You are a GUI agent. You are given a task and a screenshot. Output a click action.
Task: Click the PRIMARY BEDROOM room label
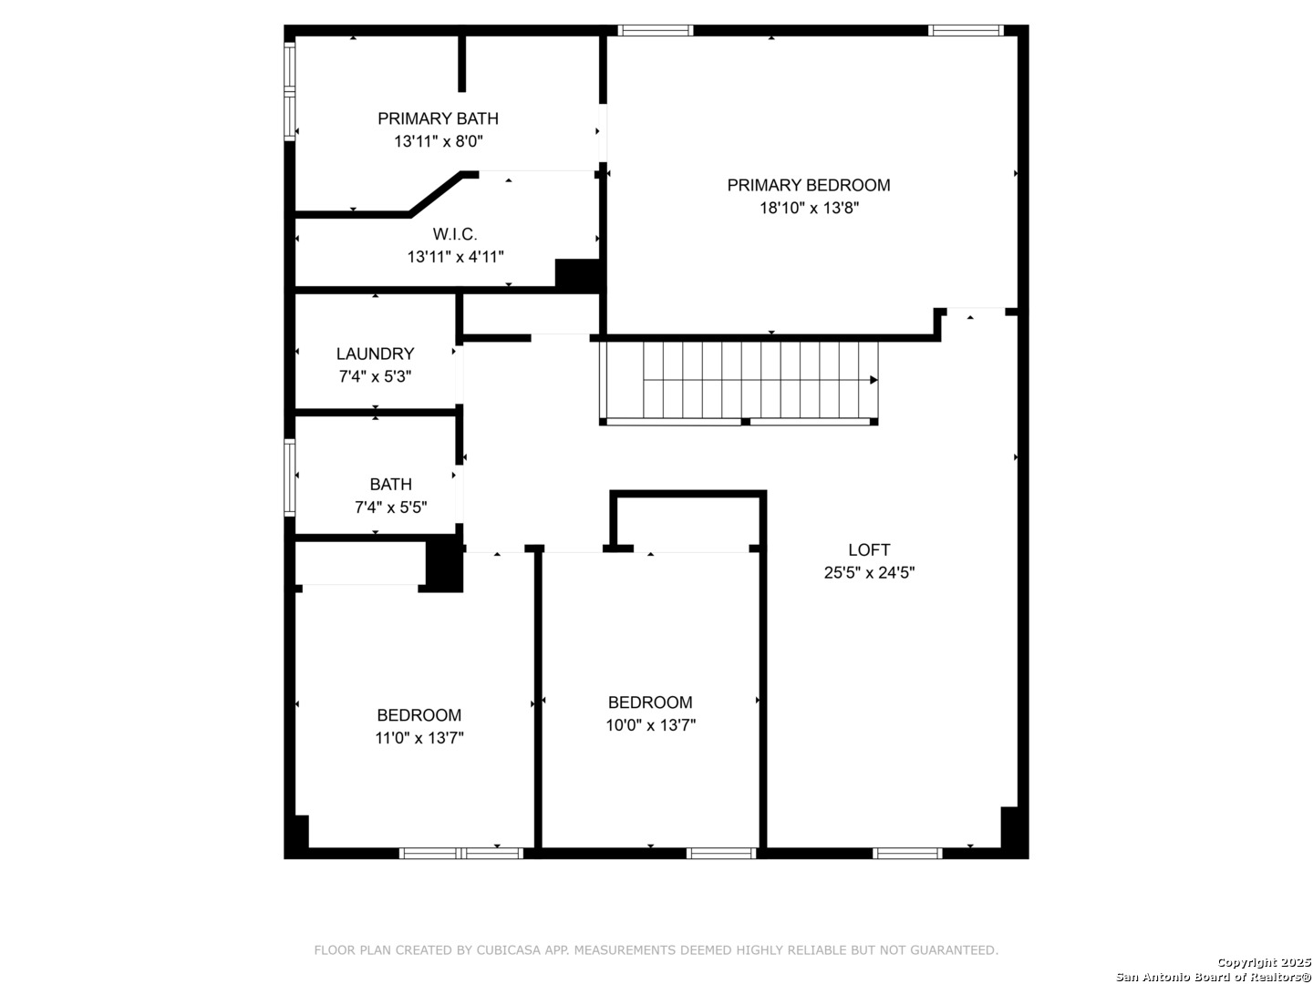(808, 185)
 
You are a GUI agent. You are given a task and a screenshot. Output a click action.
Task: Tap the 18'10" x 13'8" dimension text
(809, 208)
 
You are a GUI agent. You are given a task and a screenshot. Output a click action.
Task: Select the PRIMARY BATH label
(438, 118)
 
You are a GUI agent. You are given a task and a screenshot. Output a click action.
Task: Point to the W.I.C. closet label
(455, 233)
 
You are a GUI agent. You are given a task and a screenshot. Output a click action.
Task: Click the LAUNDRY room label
(375, 354)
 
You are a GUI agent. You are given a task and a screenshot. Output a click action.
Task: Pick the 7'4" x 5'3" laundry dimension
(375, 376)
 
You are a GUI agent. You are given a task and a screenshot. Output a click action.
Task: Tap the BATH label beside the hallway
(390, 484)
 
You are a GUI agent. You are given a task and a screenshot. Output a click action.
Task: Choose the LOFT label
(869, 549)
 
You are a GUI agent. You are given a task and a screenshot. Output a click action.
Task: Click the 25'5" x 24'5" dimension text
(869, 572)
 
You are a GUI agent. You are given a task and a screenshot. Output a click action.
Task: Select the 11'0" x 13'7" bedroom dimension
(419, 738)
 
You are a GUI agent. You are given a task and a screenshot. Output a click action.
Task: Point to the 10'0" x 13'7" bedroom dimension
(650, 724)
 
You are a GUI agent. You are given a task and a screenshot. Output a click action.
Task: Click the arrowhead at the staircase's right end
(874, 380)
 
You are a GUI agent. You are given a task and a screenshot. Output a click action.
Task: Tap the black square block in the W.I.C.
(577, 275)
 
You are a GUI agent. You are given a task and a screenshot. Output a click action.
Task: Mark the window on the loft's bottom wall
(907, 853)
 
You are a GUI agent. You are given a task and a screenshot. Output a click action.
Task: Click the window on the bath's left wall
(290, 477)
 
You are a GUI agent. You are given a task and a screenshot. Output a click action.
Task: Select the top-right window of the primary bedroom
(966, 30)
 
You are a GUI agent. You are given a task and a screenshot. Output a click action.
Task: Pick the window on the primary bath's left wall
(290, 91)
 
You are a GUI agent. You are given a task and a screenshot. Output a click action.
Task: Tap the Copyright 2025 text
(1264, 962)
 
